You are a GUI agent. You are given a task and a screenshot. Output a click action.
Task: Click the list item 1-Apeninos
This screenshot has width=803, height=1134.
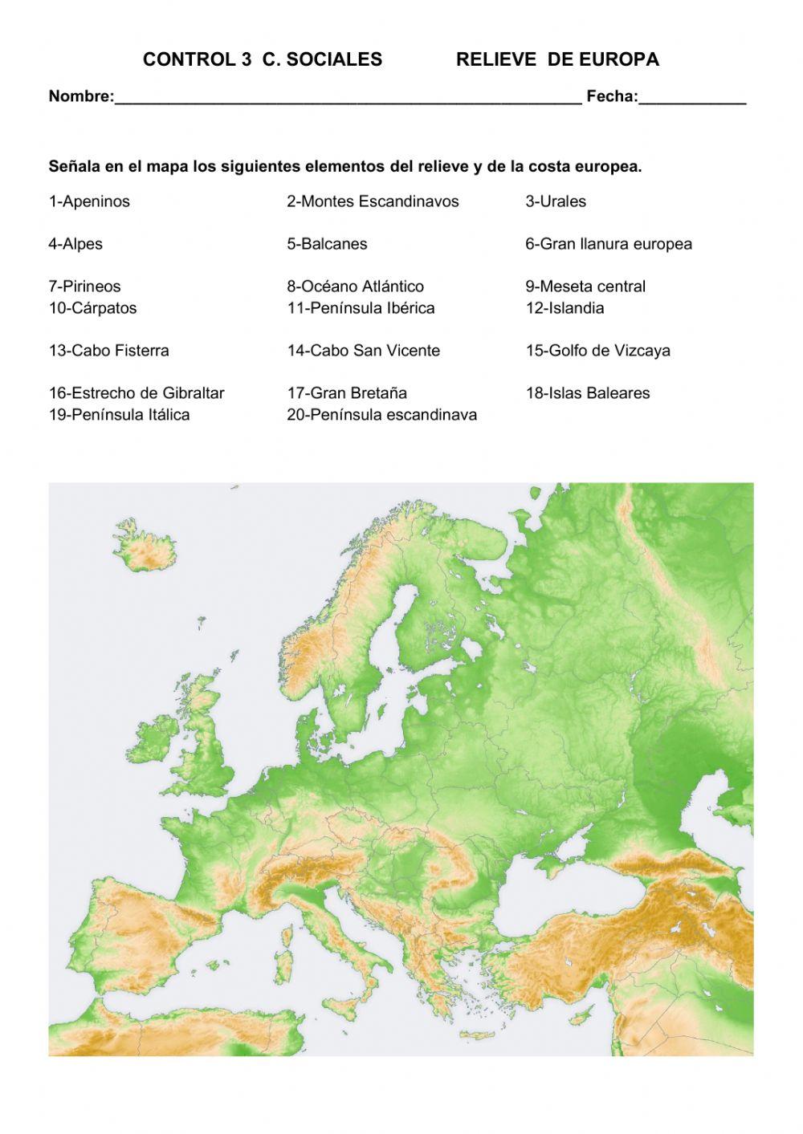click(x=89, y=201)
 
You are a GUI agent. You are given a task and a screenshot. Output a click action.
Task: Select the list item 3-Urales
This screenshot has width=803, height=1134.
click(x=556, y=201)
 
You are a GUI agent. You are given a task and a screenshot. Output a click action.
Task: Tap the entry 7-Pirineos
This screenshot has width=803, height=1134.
click(x=85, y=287)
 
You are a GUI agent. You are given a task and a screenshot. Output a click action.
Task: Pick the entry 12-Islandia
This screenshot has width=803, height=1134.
click(x=565, y=308)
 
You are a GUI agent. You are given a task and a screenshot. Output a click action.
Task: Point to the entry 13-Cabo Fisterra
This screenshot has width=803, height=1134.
click(x=109, y=351)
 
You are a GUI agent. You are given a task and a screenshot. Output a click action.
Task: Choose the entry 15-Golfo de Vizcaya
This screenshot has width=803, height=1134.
click(x=597, y=351)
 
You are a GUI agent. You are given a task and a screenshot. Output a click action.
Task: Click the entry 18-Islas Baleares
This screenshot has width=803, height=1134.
click(x=588, y=393)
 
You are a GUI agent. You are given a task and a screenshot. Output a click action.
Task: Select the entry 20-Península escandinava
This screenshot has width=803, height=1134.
click(x=382, y=415)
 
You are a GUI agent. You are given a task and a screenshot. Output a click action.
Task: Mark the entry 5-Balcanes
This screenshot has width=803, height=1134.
click(x=327, y=244)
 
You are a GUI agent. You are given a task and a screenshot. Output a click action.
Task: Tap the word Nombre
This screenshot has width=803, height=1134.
click(x=80, y=97)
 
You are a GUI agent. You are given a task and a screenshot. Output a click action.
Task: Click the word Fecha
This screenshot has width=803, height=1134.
click(x=612, y=97)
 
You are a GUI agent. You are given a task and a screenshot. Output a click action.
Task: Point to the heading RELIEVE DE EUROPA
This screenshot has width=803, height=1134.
click(x=557, y=59)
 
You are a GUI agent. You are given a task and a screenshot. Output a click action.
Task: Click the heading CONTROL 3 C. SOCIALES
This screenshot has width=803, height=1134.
click(x=263, y=59)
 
